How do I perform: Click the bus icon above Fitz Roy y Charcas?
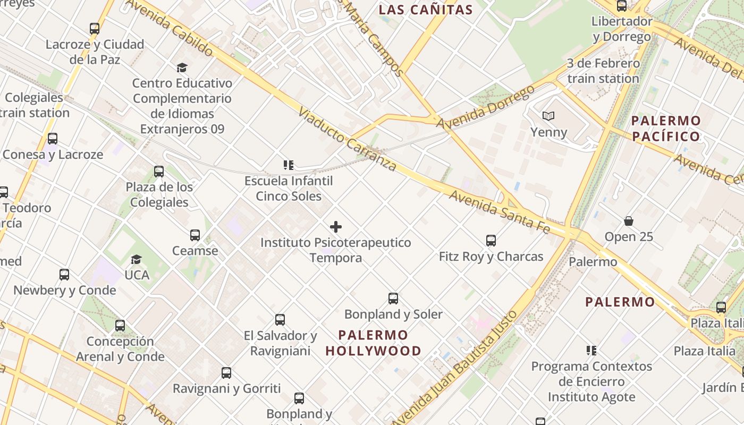point(491,241)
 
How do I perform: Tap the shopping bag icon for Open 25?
point(629,221)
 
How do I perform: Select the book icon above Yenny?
point(548,116)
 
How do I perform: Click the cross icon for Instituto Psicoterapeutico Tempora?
point(336,227)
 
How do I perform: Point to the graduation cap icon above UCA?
point(137,259)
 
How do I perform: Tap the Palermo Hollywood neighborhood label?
point(374,343)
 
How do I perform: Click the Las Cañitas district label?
point(426,10)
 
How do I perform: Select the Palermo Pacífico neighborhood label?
point(666,129)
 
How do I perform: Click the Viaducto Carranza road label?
point(348,139)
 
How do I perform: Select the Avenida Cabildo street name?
point(170,27)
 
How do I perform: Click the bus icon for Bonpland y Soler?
point(393,299)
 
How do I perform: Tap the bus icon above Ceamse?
point(195,235)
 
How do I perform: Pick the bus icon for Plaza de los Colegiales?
point(159,171)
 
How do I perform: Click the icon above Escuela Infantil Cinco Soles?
point(289,165)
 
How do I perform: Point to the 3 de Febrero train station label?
point(603,71)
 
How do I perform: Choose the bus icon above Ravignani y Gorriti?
point(226,373)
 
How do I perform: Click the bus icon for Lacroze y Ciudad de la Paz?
point(95,29)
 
